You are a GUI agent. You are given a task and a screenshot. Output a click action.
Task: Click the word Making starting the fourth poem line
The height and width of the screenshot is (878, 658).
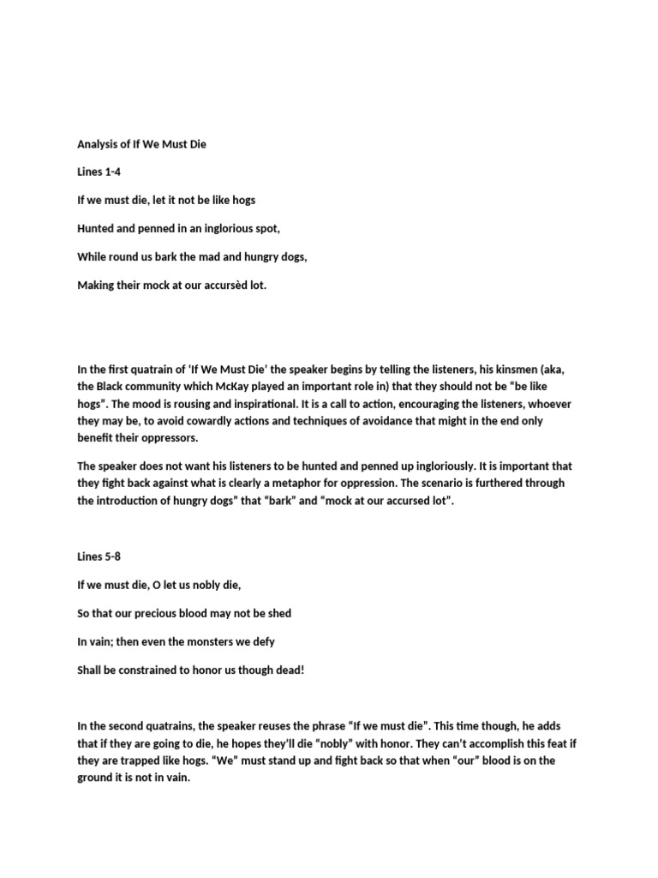[x=97, y=285]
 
